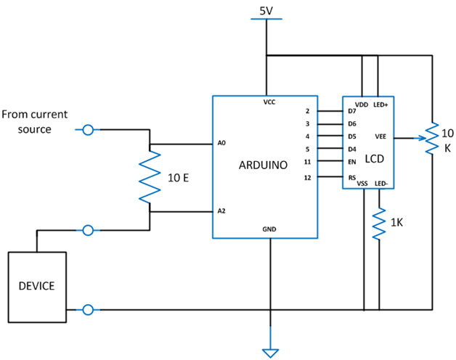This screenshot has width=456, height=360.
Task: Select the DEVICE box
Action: click(x=36, y=286)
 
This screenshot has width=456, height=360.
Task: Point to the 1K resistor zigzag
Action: click(x=379, y=224)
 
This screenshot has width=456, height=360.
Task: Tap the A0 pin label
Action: click(x=221, y=143)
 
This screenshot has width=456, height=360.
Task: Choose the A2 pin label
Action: click(x=221, y=211)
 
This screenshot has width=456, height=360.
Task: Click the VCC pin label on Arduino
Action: click(x=269, y=103)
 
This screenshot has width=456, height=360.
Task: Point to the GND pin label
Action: click(x=269, y=229)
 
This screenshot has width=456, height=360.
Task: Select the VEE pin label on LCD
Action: click(x=380, y=136)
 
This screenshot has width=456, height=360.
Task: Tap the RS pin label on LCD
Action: click(x=352, y=176)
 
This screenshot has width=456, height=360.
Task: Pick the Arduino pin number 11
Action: click(x=307, y=161)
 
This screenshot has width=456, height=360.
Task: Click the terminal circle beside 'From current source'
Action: click(x=89, y=130)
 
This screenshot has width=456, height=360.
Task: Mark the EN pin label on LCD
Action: click(x=352, y=161)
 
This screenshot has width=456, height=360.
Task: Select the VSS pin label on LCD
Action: click(x=362, y=184)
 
